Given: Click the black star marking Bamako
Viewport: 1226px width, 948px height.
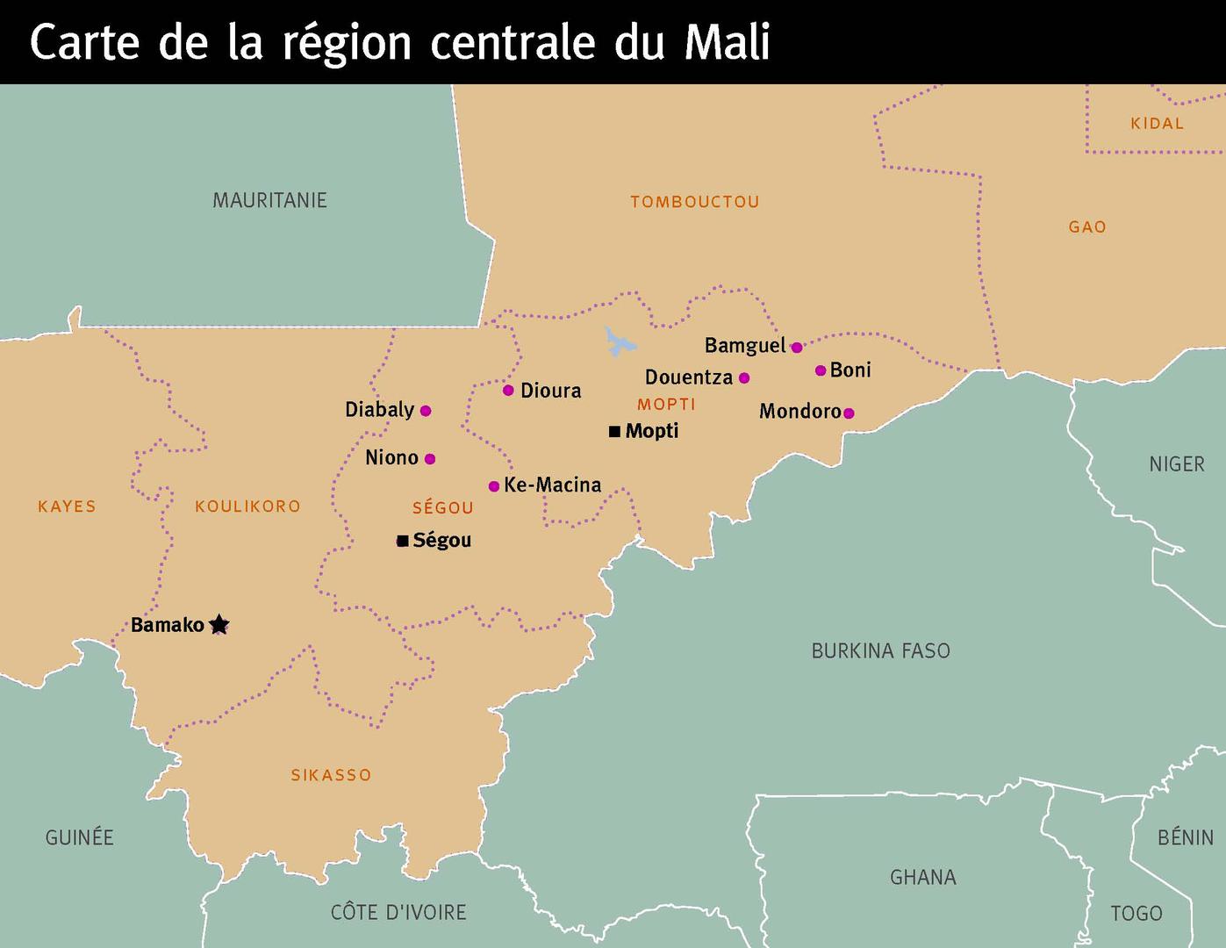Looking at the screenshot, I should [219, 625].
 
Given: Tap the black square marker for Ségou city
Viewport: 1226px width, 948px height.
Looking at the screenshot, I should [402, 541].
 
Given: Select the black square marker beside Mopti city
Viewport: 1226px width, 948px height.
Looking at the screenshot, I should [614, 431].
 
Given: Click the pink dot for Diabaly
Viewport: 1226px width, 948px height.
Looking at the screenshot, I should [426, 410].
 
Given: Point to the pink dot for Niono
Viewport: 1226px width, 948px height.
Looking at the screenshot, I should [430, 458].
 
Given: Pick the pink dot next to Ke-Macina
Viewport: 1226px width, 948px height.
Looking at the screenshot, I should [494, 486].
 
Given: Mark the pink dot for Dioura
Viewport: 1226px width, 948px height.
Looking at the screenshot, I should [508, 391].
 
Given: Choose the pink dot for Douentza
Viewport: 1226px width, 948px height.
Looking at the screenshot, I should [744, 378].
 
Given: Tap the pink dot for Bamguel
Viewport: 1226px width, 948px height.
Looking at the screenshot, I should [797, 348].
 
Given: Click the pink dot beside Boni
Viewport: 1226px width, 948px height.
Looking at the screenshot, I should [821, 370].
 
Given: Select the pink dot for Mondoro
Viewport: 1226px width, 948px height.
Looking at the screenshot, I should [849, 413].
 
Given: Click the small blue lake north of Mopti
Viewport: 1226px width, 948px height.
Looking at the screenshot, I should [619, 342].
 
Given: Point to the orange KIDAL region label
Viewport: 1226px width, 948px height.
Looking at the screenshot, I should [1157, 124].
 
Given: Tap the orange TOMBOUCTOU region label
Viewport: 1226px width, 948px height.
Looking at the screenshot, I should [694, 202].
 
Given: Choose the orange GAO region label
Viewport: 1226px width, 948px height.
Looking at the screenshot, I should [1086, 227].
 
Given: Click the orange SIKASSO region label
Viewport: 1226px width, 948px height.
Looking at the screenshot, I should [331, 775].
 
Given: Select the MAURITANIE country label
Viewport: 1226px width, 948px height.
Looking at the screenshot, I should [269, 200].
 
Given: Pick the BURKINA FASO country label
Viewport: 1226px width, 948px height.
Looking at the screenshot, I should [880, 650].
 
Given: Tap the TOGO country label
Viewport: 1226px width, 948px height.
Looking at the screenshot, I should [1136, 913].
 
